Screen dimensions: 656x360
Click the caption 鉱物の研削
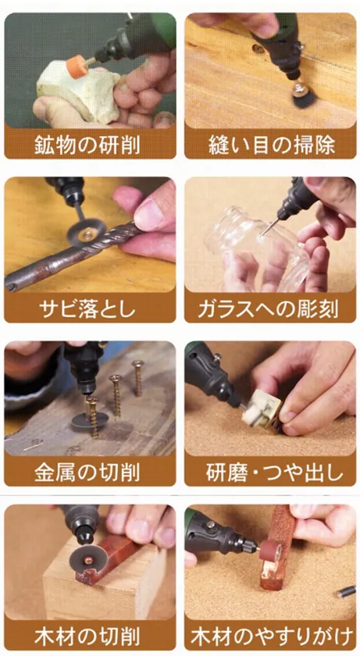pyautogui.click(x=89, y=145)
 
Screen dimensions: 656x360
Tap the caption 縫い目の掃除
pyautogui.click(x=269, y=145)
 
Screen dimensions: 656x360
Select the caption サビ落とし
pyautogui.click(x=89, y=308)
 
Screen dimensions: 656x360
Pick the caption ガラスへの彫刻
pyautogui.click(x=269, y=308)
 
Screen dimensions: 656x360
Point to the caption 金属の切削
pyautogui.click(x=89, y=472)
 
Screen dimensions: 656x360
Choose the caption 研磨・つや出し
pyautogui.click(x=269, y=472)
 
